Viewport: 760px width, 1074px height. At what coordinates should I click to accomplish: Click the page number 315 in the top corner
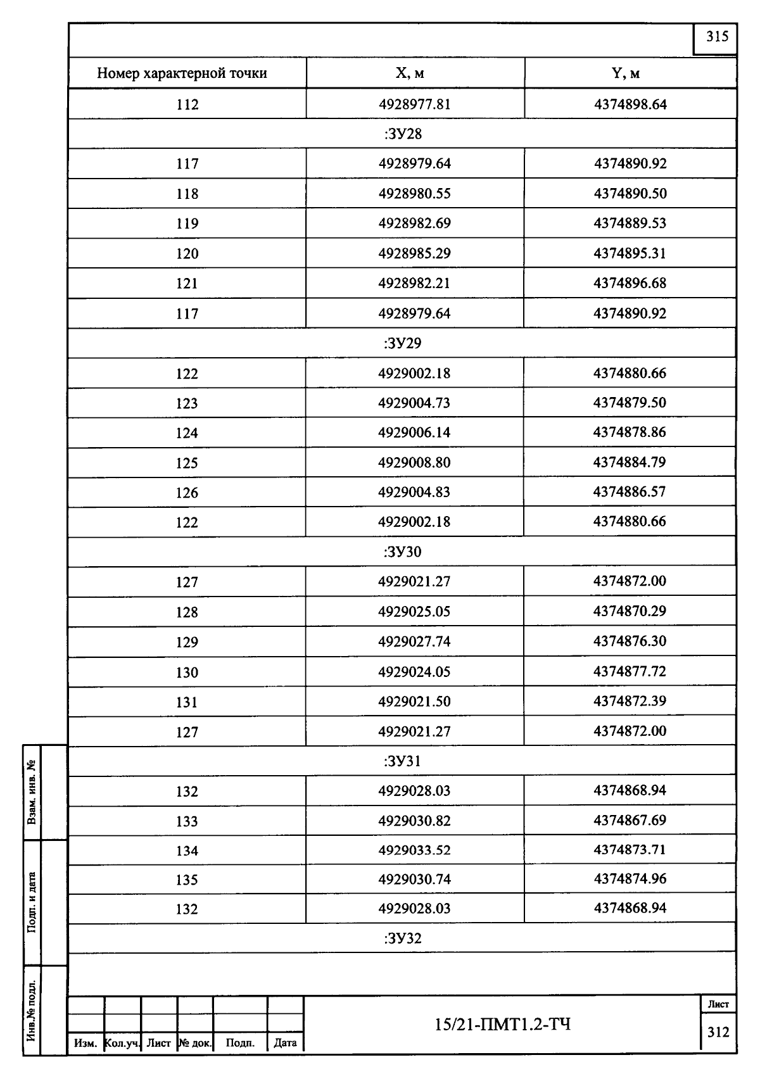(x=717, y=37)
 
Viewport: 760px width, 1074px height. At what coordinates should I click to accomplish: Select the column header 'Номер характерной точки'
(x=182, y=73)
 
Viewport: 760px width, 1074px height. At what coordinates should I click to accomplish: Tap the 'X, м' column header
(x=410, y=73)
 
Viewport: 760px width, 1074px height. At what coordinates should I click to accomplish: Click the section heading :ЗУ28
(x=403, y=134)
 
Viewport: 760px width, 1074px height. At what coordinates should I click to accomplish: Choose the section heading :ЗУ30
(x=403, y=552)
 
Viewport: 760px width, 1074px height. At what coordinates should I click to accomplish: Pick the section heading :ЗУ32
(x=403, y=938)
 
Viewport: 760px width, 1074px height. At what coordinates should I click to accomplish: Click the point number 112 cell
(x=187, y=104)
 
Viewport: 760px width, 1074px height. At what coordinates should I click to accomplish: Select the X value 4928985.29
(x=414, y=253)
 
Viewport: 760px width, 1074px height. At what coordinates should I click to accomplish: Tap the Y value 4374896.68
(x=630, y=283)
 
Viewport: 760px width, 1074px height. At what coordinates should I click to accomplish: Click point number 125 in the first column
(x=187, y=463)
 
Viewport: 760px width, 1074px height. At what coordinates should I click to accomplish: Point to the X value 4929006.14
(x=414, y=433)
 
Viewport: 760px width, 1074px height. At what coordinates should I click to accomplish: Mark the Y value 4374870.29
(x=630, y=611)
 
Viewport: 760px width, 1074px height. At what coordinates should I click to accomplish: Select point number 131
(x=187, y=702)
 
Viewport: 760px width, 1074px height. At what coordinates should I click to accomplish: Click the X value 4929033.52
(x=414, y=850)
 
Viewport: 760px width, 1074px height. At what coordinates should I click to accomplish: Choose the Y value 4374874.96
(x=630, y=879)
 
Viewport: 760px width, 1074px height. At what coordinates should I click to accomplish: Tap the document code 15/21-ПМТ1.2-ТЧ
(x=503, y=1024)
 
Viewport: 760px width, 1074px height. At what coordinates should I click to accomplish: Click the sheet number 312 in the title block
(x=718, y=1032)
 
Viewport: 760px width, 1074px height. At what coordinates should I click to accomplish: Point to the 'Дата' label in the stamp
(x=286, y=1043)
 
